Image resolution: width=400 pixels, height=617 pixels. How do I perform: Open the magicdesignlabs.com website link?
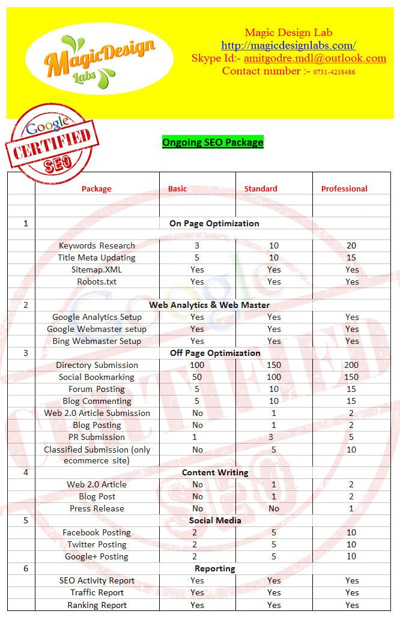pyautogui.click(x=288, y=46)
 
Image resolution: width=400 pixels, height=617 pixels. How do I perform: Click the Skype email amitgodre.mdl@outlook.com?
pyautogui.click(x=315, y=58)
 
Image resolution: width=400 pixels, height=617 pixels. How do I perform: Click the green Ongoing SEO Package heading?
pyautogui.click(x=213, y=142)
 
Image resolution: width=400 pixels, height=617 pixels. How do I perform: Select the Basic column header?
pyautogui.click(x=177, y=188)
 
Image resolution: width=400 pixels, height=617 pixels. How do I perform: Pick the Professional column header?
pyautogui.click(x=344, y=188)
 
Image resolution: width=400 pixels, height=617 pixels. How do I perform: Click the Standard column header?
pyautogui.click(x=261, y=188)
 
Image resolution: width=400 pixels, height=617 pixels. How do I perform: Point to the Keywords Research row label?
pyautogui.click(x=97, y=245)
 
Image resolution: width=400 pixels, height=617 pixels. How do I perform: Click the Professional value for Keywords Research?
pyautogui.click(x=351, y=245)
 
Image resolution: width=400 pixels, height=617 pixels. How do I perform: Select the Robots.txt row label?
pyautogui.click(x=97, y=281)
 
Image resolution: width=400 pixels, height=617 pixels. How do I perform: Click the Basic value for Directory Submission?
pyautogui.click(x=197, y=365)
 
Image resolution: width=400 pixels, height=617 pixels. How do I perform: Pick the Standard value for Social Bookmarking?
pyautogui.click(x=274, y=377)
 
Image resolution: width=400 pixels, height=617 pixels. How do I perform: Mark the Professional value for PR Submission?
pyautogui.click(x=351, y=437)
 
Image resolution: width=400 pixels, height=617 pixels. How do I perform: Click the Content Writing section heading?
pyautogui.click(x=215, y=472)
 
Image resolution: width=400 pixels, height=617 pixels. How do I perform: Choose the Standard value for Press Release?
pyautogui.click(x=274, y=508)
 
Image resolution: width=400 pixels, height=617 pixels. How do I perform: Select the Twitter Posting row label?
pyautogui.click(x=97, y=544)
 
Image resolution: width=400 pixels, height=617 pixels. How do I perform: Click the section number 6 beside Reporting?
pyautogui.click(x=26, y=568)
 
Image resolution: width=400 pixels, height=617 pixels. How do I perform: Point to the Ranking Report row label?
pyautogui.click(x=97, y=605)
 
